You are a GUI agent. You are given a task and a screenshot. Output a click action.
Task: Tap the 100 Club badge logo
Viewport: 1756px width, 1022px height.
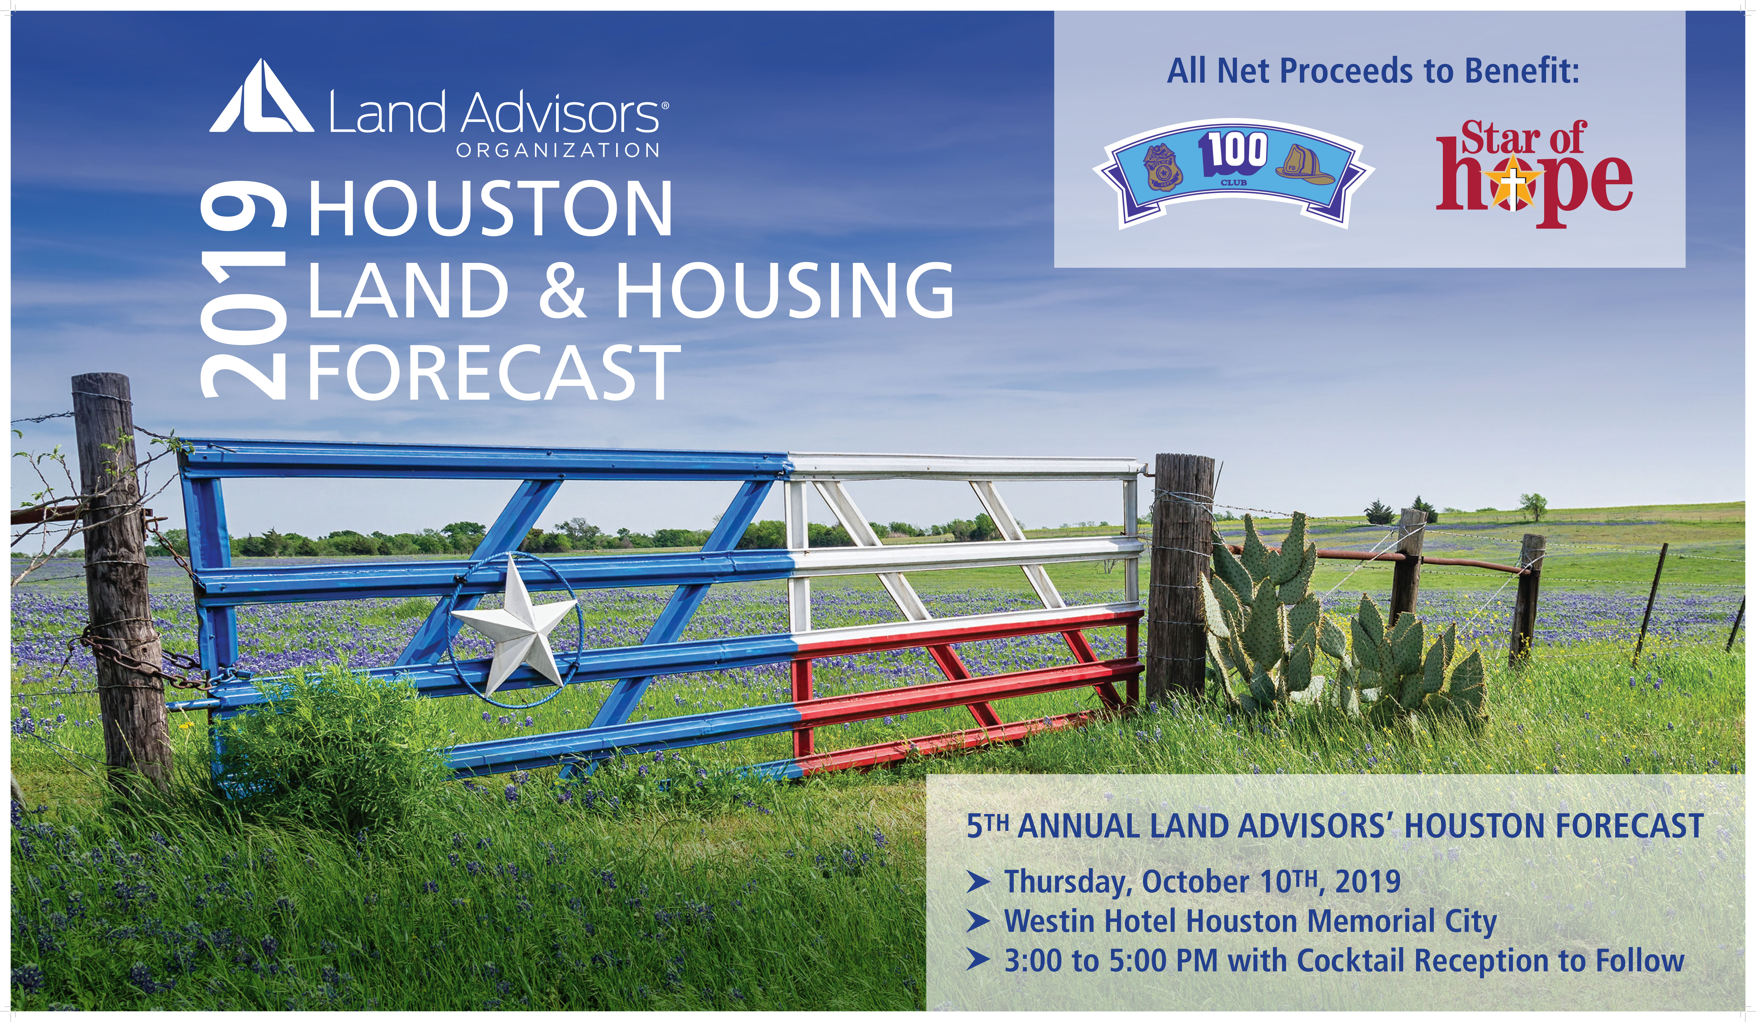(1233, 173)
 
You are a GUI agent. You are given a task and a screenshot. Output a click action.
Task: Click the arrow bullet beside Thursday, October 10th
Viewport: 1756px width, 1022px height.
(978, 882)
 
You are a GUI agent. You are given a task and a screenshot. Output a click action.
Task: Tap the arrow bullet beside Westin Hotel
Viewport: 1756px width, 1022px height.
(978, 922)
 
